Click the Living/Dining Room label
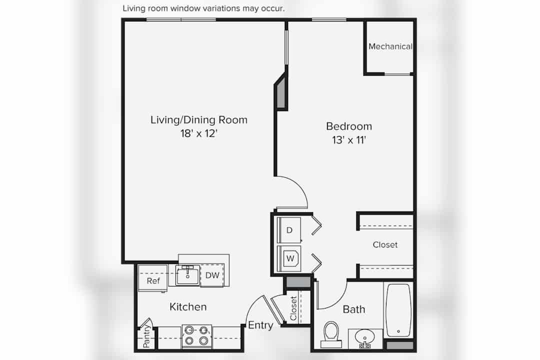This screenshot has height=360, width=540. [198, 120]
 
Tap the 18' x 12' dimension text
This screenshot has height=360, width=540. [198, 133]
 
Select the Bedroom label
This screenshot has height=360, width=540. [349, 126]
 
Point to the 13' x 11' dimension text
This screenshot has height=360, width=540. [349, 140]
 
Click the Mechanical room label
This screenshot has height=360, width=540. [390, 46]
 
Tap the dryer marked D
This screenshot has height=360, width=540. [289, 230]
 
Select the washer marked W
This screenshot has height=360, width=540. [289, 258]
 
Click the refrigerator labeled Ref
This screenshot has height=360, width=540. [153, 278]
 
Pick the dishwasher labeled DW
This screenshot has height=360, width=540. [212, 275]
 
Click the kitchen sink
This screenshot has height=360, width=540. [187, 275]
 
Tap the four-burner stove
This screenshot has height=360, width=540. [196, 336]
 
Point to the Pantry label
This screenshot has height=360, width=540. [146, 335]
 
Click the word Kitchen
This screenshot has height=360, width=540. [188, 307]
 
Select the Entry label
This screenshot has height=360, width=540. [260, 325]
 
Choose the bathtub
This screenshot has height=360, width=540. [398, 310]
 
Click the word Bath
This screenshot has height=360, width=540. [354, 309]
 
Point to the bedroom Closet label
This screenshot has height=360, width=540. [385, 244]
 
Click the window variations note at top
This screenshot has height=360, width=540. [203, 8]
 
